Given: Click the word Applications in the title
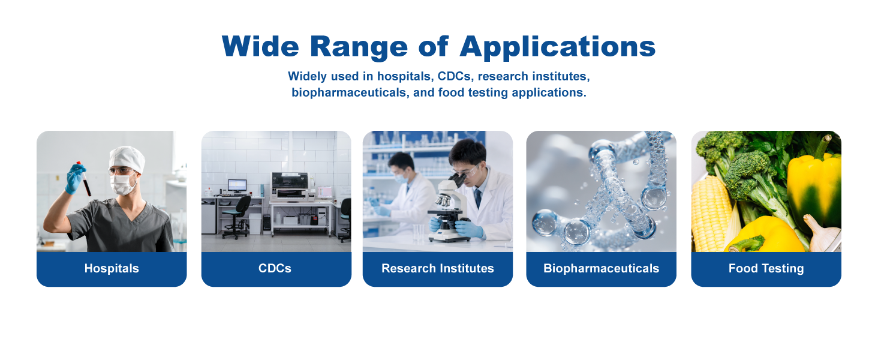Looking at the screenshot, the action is pyautogui.click(x=557, y=47).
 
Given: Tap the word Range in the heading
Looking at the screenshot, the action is pyautogui.click(x=359, y=47).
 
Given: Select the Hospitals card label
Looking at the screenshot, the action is pyautogui.click(x=112, y=268).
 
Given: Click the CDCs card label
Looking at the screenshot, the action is pyautogui.click(x=275, y=268).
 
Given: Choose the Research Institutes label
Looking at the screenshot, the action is pyautogui.click(x=437, y=268).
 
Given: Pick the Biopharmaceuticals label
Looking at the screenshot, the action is pyautogui.click(x=602, y=268).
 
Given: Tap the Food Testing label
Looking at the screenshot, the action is pyautogui.click(x=766, y=268).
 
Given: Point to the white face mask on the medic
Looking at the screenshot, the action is pyautogui.click(x=123, y=184).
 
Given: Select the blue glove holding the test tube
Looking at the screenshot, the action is pyautogui.click(x=74, y=178).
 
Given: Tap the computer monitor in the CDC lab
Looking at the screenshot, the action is pyautogui.click(x=237, y=185).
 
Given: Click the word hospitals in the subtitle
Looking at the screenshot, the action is pyautogui.click(x=404, y=76).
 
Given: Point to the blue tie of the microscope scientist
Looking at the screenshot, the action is pyautogui.click(x=478, y=197).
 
